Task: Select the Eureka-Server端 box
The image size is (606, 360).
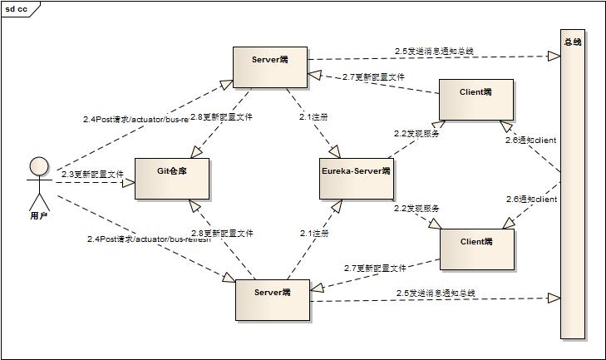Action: [x=356, y=176]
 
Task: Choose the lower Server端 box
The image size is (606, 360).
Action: [x=271, y=299]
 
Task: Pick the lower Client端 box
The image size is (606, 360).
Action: [x=475, y=248]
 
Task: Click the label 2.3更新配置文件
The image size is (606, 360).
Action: [x=91, y=175]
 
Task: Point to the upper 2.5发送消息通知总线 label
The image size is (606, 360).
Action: [x=434, y=51]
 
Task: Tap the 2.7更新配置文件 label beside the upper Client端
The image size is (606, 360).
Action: [x=373, y=76]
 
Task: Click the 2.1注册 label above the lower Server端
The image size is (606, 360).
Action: [x=314, y=234]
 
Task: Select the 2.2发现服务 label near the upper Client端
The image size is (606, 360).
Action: [x=416, y=132]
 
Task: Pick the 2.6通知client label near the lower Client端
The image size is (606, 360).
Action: [x=531, y=200]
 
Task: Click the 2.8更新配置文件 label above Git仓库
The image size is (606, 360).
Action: [x=221, y=117]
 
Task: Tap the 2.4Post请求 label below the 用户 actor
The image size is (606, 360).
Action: [x=149, y=239]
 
